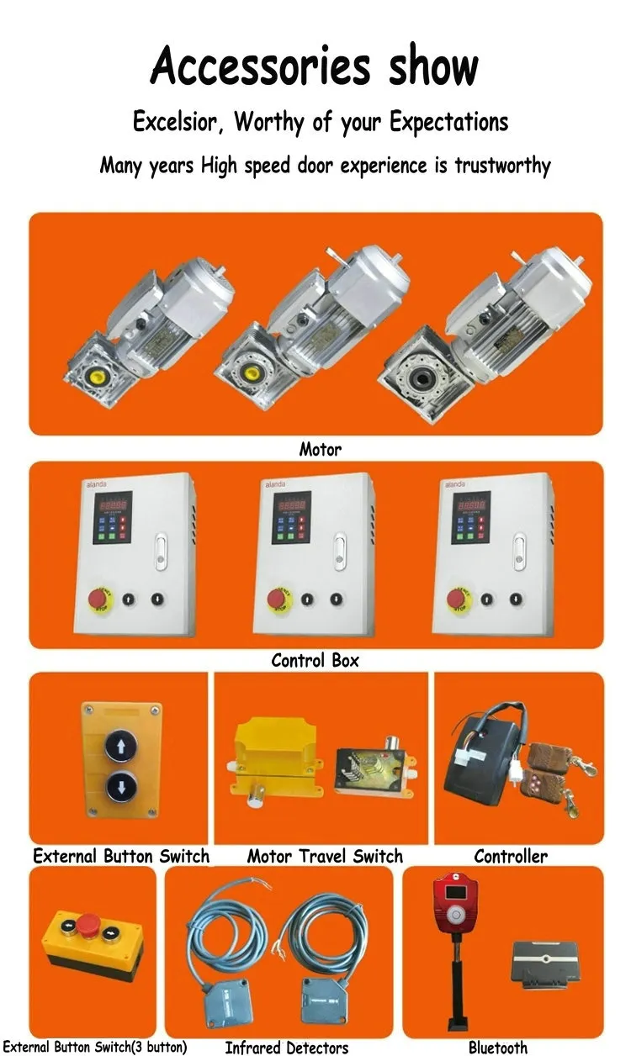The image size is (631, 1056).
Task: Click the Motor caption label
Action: pyautogui.click(x=321, y=450)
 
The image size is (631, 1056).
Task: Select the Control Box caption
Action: pyautogui.click(x=315, y=660)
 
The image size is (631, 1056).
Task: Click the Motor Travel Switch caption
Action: pyautogui.click(x=325, y=857)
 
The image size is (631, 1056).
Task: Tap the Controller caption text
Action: pyautogui.click(x=511, y=857)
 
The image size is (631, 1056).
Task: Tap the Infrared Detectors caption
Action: pyautogui.click(x=287, y=1048)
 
